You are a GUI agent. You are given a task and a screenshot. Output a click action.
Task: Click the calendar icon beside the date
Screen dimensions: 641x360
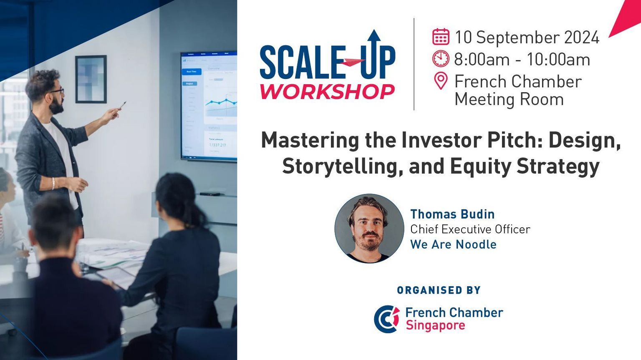pyautogui.click(x=441, y=37)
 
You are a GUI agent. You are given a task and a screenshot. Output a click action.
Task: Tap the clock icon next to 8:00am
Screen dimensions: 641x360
pyautogui.click(x=441, y=59)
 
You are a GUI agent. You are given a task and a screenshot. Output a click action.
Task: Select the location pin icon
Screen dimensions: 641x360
pyautogui.click(x=441, y=81)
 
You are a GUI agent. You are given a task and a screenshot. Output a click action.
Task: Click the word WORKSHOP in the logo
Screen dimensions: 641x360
pyautogui.click(x=327, y=91)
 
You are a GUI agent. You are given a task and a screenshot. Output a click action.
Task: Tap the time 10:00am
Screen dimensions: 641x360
pyautogui.click(x=558, y=60)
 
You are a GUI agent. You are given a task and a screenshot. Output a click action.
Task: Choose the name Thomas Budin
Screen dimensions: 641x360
pyautogui.click(x=452, y=214)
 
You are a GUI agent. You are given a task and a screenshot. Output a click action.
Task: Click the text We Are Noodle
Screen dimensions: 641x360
pyautogui.click(x=453, y=244)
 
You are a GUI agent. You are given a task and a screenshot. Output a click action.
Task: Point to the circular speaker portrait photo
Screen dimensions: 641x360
pyautogui.click(x=369, y=229)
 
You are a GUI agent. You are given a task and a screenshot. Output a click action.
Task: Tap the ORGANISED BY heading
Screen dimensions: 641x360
pyautogui.click(x=439, y=290)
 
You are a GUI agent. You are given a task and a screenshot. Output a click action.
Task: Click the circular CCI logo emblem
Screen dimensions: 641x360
pyautogui.click(x=386, y=319)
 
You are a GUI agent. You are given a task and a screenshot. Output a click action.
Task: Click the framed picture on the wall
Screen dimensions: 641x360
pyautogui.click(x=91, y=79)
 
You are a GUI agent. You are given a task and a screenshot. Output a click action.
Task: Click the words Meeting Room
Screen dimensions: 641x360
pyautogui.click(x=509, y=100)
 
